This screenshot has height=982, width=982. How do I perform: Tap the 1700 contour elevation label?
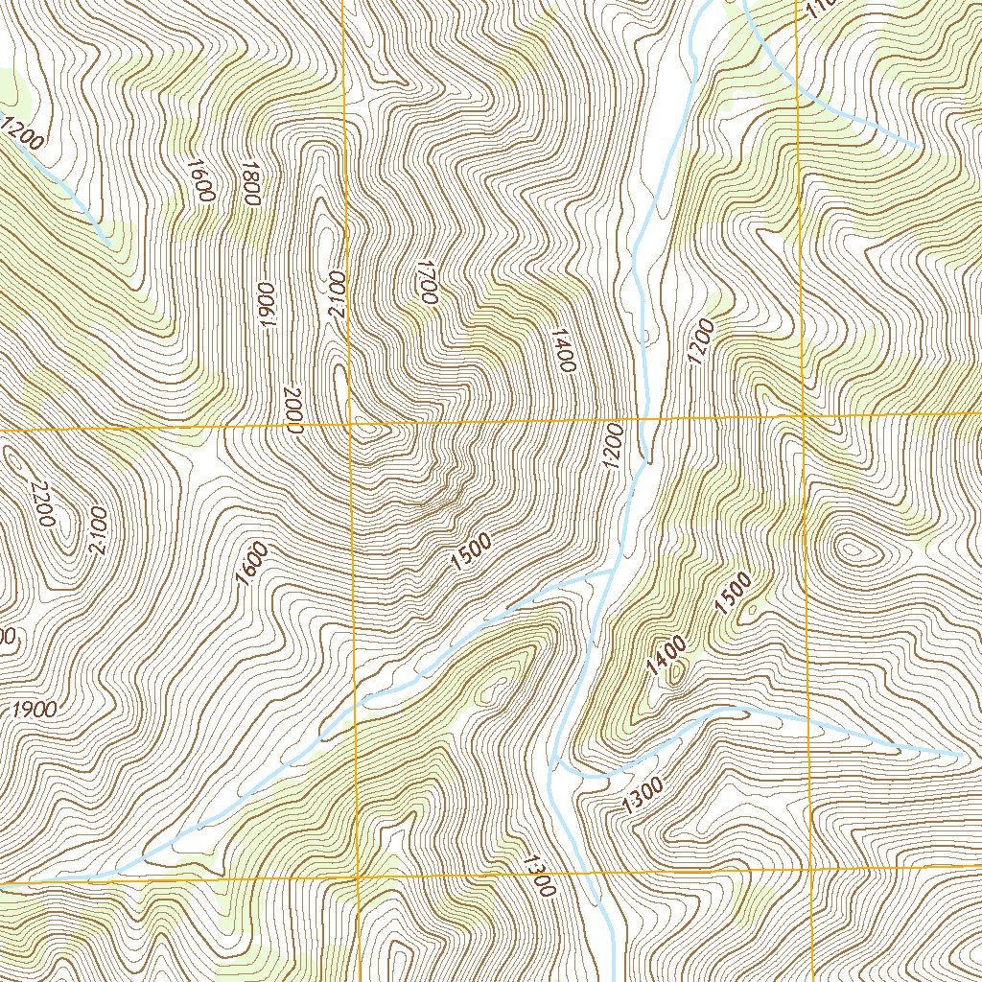pyautogui.click(x=427, y=282)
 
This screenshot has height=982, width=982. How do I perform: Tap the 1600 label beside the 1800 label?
pyautogui.click(x=200, y=179)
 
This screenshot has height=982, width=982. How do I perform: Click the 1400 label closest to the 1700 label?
pyautogui.click(x=562, y=351)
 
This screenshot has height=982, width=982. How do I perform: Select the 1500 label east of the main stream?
pyautogui.click(x=732, y=594)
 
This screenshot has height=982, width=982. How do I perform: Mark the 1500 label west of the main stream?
pyautogui.click(x=471, y=553)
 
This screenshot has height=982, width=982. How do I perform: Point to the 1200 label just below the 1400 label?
pyautogui.click(x=615, y=446)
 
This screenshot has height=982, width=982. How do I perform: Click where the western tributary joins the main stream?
pyautogui.click(x=612, y=571)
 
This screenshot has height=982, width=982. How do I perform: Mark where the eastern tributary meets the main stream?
pyautogui.click(x=554, y=758)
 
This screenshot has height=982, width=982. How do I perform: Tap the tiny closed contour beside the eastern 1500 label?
pyautogui.click(x=752, y=607)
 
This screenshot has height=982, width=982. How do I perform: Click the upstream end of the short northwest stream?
pyautogui.click(x=110, y=244)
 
